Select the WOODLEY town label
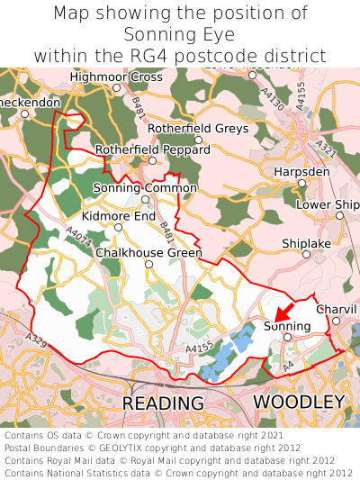pos(299,401)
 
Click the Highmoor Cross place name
pos(116,77)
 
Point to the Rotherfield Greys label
pos(197,129)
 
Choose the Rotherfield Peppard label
pos(152,149)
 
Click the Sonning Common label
pos(145,187)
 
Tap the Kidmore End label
pos(118,216)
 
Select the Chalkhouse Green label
pos(148,253)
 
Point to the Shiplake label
pos(306,243)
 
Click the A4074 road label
pos(78,236)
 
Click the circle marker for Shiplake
pos(306,254)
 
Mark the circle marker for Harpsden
pos(302,183)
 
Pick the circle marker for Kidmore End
pos(118,227)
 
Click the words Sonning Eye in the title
pos(179,35)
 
